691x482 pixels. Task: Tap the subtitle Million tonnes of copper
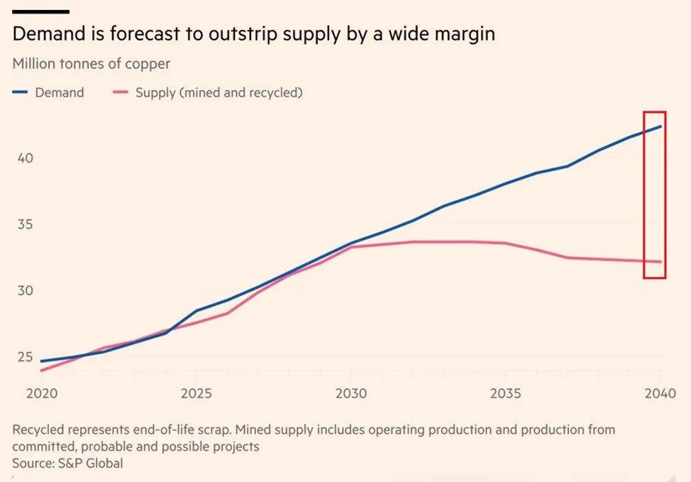pyautogui.click(x=91, y=64)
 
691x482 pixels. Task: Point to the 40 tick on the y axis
pyautogui.click(x=25, y=158)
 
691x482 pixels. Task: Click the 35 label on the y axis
pyautogui.click(x=25, y=224)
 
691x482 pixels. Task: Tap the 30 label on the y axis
pyautogui.click(x=25, y=290)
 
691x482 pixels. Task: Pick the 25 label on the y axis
pyautogui.click(x=25, y=357)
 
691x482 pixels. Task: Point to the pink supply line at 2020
pyautogui.click(x=41, y=371)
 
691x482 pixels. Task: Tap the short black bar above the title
pyautogui.click(x=40, y=12)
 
